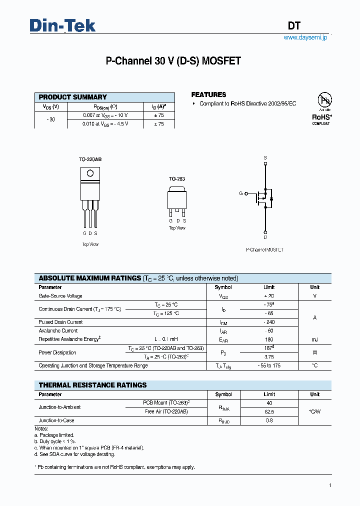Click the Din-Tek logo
62,26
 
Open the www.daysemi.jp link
305,38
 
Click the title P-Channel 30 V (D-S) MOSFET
173,61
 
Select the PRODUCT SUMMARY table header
73,97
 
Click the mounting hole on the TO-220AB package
90,173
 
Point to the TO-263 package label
176,178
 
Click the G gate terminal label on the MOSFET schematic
240,193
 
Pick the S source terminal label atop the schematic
265,157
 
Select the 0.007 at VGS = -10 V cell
105,115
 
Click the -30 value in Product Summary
50,119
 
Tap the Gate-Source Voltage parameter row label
60,296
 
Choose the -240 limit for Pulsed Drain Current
269,322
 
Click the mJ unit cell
314,339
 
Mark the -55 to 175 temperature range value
269,365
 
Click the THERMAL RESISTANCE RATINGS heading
93,385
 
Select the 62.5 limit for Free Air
269,411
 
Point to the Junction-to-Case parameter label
56,420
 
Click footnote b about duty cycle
55,441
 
